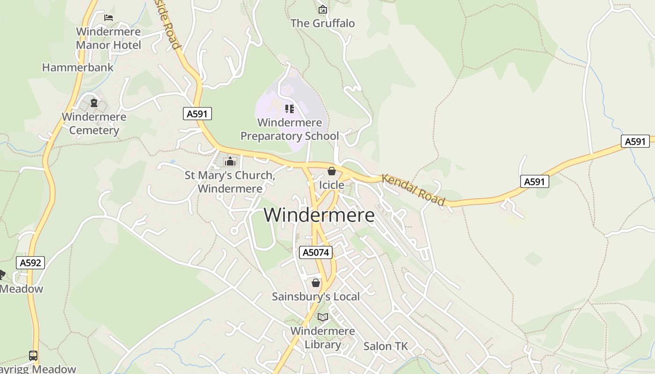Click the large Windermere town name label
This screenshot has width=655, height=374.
tap(319, 215)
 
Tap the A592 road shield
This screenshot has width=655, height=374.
tap(30, 263)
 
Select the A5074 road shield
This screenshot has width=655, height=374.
tap(316, 253)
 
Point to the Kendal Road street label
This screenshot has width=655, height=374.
tap(413, 190)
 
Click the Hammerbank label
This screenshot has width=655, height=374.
tap(78, 67)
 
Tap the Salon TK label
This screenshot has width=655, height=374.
tap(386, 346)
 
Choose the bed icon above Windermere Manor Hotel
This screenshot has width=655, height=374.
tap(109, 18)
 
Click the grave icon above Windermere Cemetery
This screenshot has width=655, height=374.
tap(94, 103)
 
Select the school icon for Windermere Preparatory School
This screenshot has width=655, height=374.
tap(290, 109)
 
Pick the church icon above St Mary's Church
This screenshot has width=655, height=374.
tap(230, 162)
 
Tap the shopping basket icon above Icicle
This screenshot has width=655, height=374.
tap(332, 172)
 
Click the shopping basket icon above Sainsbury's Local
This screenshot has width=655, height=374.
tap(316, 283)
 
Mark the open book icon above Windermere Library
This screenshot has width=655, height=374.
tap(322, 317)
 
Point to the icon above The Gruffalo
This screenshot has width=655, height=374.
tap(322, 9)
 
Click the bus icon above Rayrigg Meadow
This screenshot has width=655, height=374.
tap(33, 355)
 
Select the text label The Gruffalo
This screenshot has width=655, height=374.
tap(322, 23)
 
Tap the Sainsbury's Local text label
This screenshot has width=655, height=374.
tap(316, 296)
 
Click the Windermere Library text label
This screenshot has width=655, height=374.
tap(322, 338)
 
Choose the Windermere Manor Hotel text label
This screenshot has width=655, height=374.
tap(108, 39)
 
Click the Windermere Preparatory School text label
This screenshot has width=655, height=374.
tap(290, 129)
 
